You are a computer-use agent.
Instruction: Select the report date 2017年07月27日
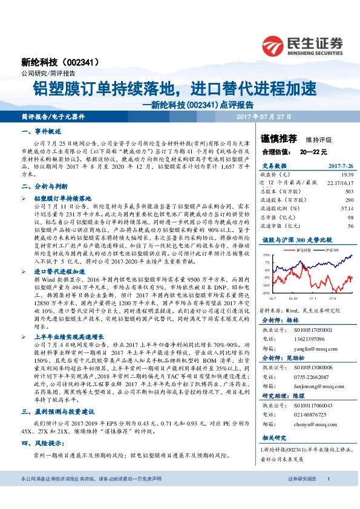click(263, 116)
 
